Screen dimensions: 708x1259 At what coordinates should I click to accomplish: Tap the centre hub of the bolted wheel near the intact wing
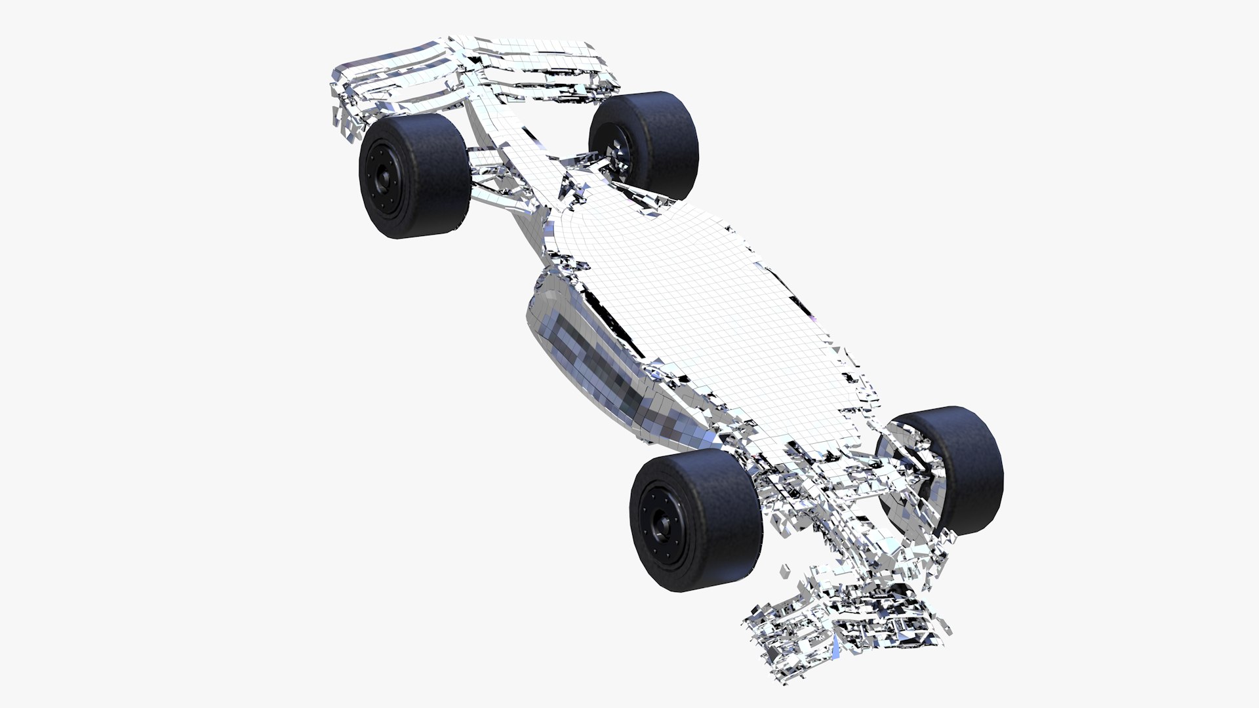point(380,174)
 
